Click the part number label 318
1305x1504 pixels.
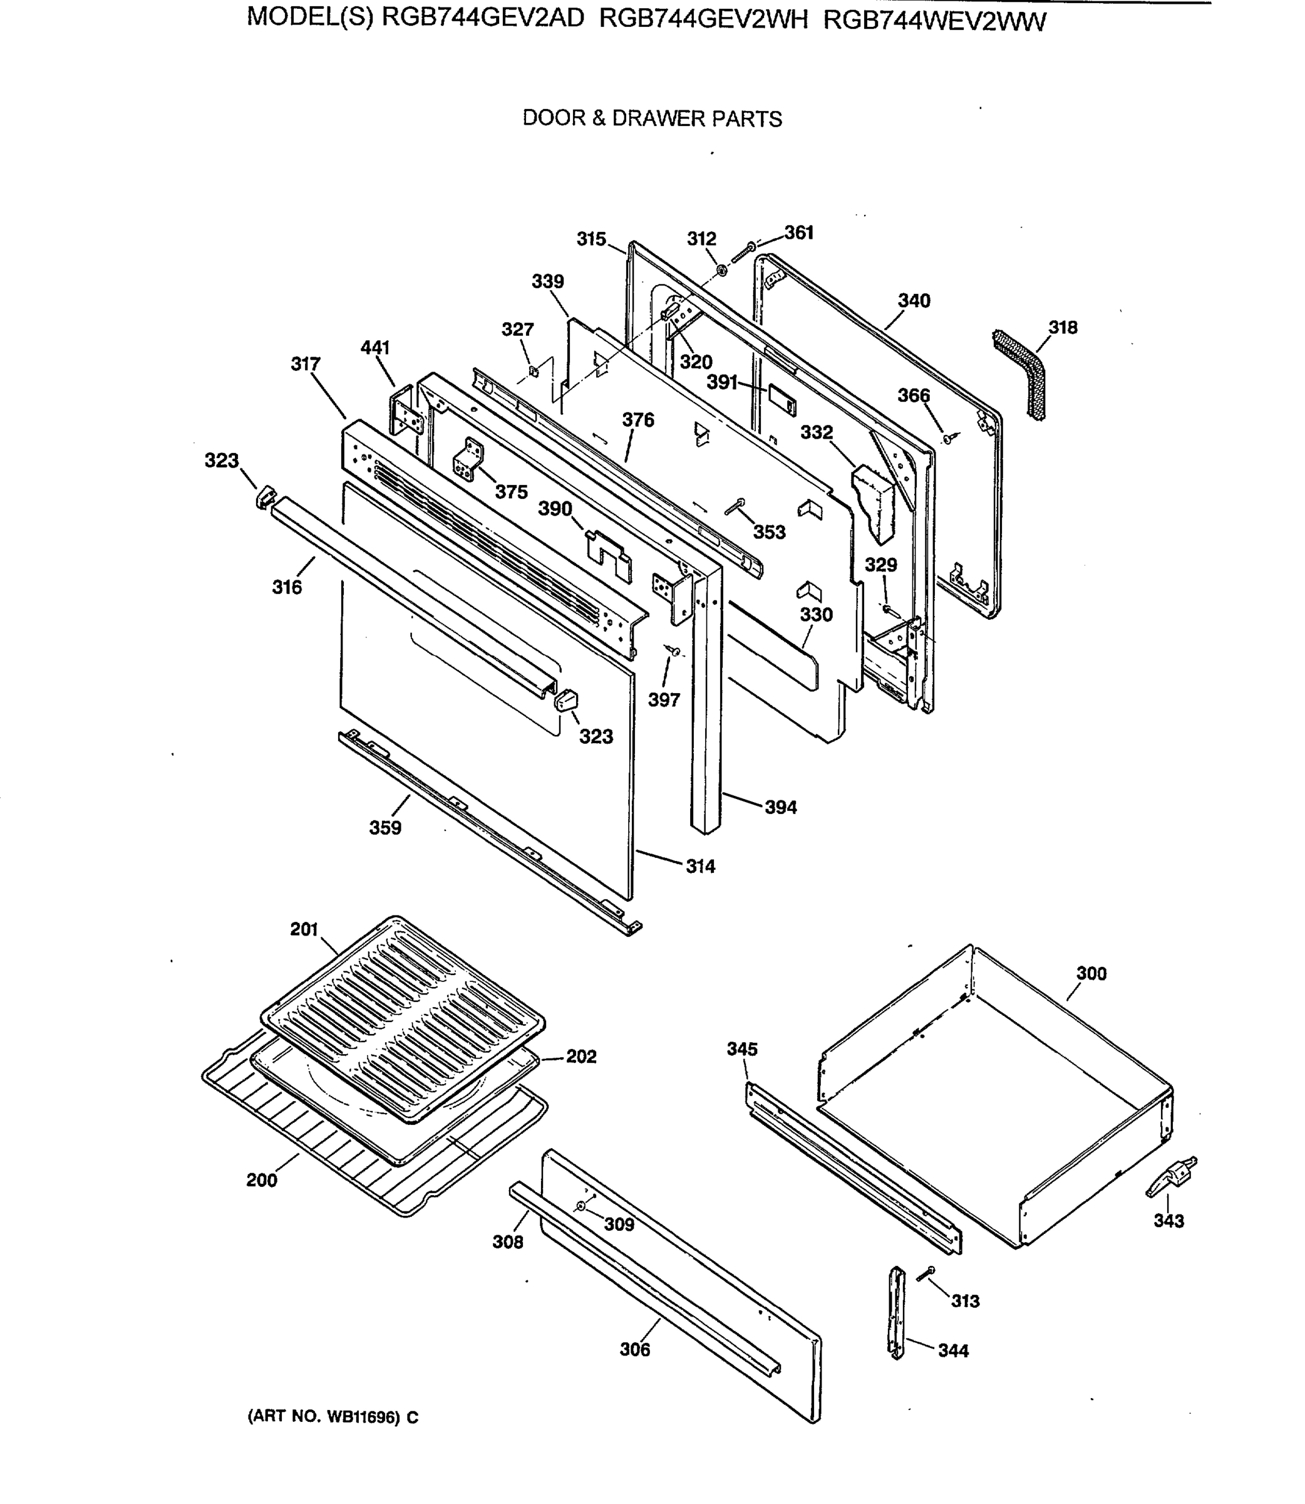[x=1063, y=328]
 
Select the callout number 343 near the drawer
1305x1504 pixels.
[x=1169, y=1221]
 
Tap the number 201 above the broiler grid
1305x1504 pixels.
[x=304, y=930]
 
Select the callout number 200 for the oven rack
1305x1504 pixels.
[x=261, y=1181]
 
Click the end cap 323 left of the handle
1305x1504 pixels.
[x=265, y=498]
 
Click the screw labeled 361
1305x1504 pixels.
[x=742, y=252]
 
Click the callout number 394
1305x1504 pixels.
[x=781, y=807]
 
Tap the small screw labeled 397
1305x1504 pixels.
[x=674, y=650]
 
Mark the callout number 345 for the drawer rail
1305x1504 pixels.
[x=742, y=1049]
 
